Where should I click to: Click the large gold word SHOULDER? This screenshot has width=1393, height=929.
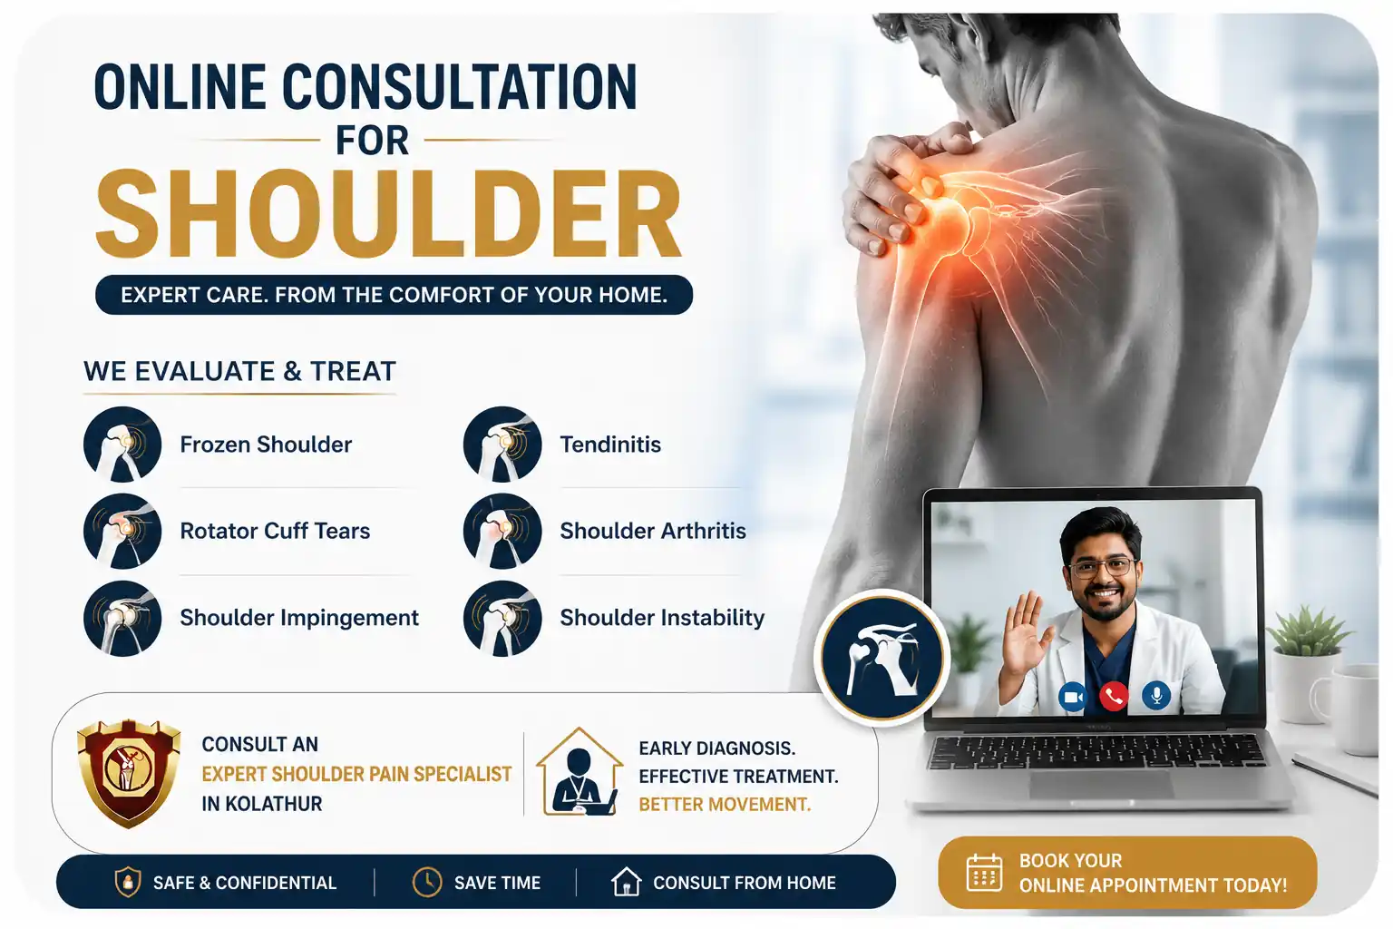(x=389, y=214)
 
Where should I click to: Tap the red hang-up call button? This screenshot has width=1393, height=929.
(x=1114, y=696)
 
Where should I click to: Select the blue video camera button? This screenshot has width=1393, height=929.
(x=1073, y=696)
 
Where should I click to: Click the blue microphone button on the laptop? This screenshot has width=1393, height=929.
(x=1156, y=695)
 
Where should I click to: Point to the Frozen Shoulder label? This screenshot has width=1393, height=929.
(x=266, y=445)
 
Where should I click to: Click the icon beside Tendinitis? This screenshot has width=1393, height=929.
(x=502, y=445)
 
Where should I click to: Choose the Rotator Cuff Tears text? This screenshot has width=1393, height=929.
(x=275, y=531)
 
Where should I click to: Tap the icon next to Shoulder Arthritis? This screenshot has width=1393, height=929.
(x=502, y=531)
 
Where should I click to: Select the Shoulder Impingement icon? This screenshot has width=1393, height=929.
(x=122, y=618)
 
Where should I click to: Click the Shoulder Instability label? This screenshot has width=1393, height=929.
(x=662, y=617)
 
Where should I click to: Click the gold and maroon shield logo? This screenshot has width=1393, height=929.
(x=129, y=774)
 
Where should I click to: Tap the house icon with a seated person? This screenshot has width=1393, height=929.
(x=579, y=771)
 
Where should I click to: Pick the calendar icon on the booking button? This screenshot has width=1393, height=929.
(x=984, y=873)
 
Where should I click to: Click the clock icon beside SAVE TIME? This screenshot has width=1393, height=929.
(x=427, y=882)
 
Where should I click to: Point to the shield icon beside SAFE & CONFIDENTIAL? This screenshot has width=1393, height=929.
(x=128, y=883)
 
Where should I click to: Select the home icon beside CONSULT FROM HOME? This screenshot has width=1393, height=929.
(x=626, y=882)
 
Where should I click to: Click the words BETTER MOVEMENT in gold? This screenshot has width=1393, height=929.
(x=725, y=805)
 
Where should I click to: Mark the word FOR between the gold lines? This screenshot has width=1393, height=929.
(x=372, y=141)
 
